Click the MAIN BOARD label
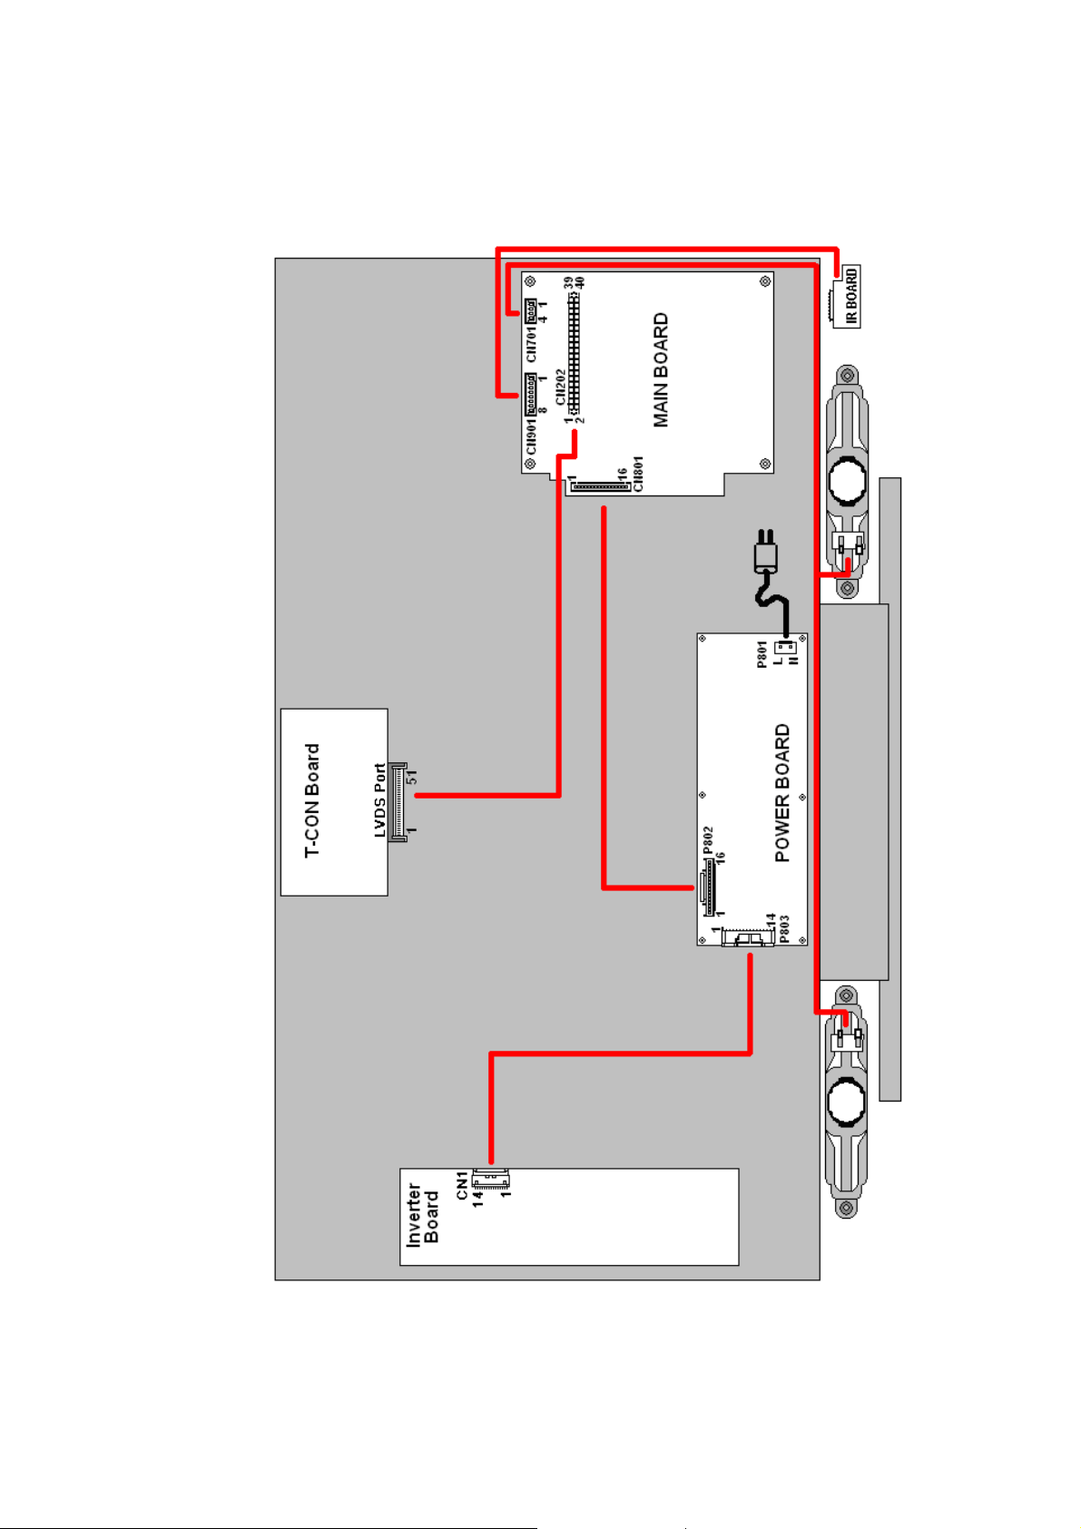point(661,370)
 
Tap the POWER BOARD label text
point(782,792)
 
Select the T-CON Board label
point(312,800)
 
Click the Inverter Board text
point(423,1214)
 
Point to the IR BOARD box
point(847,297)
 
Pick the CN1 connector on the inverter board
point(491,1180)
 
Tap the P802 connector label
point(708,841)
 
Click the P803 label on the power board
point(784,927)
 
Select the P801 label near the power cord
point(762,653)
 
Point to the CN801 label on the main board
point(638,474)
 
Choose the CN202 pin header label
point(561,387)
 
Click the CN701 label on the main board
point(532,343)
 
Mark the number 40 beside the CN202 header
point(581,283)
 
